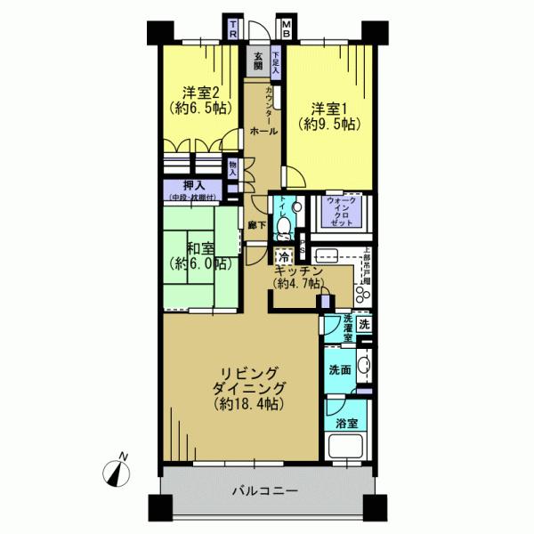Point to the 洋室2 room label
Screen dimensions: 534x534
[202, 93]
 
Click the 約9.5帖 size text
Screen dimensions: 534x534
[329, 125]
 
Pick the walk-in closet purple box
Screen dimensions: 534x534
[337, 213]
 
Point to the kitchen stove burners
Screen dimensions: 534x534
[364, 290]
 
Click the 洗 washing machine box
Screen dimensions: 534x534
[365, 324]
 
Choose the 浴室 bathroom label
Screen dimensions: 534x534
[345, 424]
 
